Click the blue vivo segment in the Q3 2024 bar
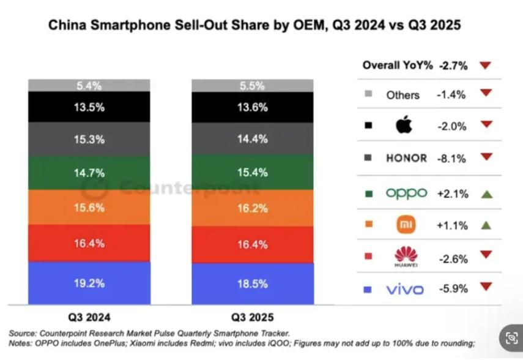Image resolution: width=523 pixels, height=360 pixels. [x=89, y=283]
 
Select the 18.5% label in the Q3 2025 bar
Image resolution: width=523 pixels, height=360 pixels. [x=252, y=283]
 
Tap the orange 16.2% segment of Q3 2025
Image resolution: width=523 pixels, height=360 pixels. [x=252, y=208]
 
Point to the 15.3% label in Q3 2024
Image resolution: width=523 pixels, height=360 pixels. [x=89, y=140]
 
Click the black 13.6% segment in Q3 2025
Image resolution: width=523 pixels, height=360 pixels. [x=252, y=107]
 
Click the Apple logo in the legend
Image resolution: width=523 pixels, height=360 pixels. [x=404, y=126]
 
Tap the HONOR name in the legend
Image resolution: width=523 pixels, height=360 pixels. [x=406, y=158]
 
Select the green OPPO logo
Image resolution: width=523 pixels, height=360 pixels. [x=406, y=193]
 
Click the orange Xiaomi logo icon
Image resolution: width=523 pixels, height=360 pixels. [x=406, y=225]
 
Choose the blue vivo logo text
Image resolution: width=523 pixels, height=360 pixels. [x=404, y=289]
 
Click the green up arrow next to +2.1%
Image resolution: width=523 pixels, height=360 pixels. [x=486, y=194]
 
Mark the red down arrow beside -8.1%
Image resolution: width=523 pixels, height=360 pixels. [x=486, y=157]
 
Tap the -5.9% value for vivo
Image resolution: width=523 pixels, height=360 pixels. [x=452, y=287]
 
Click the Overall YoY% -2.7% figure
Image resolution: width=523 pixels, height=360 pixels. [x=453, y=65]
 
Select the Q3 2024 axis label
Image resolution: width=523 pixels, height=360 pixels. [x=89, y=317]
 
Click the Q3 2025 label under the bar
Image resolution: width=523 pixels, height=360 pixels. [x=252, y=317]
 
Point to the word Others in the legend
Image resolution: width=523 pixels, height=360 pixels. [x=402, y=95]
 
